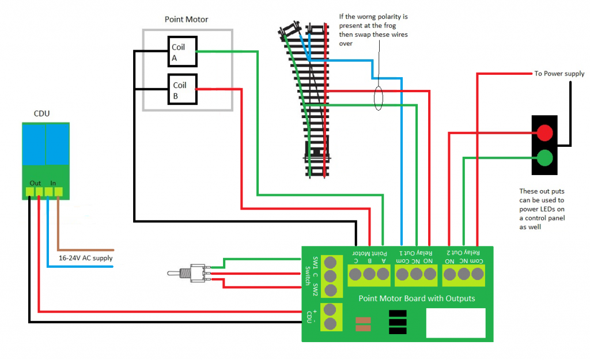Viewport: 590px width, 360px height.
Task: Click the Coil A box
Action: (x=182, y=51)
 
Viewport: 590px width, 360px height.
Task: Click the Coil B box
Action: (x=182, y=89)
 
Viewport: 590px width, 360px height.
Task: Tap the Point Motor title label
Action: (x=186, y=20)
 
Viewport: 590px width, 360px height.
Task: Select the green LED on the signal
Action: (x=544, y=157)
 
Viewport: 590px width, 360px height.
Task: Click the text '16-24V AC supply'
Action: (x=85, y=258)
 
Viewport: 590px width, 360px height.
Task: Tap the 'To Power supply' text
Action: (x=559, y=74)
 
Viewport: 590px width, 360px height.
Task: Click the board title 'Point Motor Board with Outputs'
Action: (x=417, y=298)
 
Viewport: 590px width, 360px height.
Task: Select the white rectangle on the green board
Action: (x=455, y=323)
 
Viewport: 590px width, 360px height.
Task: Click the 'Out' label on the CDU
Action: (x=35, y=183)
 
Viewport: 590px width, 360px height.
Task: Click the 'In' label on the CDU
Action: (x=54, y=183)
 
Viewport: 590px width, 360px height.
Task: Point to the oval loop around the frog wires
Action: (x=378, y=98)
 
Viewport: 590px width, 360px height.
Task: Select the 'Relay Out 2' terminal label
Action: (x=464, y=253)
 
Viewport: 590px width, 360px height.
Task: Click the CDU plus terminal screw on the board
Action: (x=331, y=310)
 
